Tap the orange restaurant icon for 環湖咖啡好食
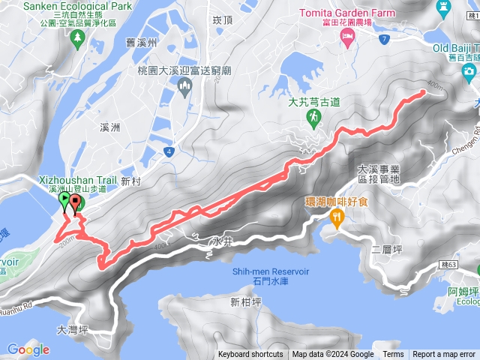(337, 217)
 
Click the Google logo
(28, 349)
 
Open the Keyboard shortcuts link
(250, 355)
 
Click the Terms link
(393, 355)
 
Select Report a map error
(444, 355)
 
